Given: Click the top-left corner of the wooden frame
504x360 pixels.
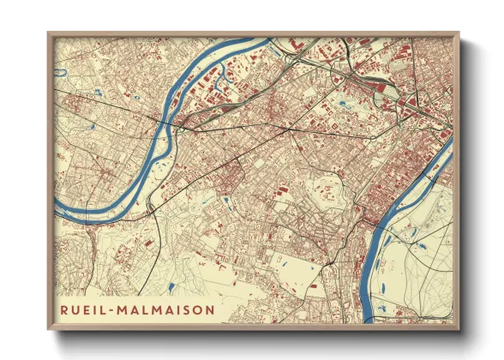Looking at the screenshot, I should [x=49, y=33].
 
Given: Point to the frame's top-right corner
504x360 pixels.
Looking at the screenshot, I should [x=459, y=33].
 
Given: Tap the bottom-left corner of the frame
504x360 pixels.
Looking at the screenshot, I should [x=49, y=331].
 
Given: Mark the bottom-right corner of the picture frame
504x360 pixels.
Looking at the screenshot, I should [x=459, y=331].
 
